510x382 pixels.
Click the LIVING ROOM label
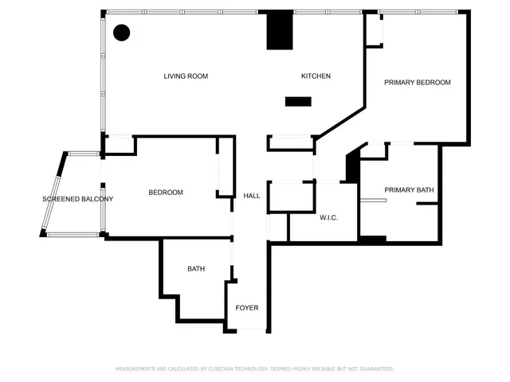(x=186, y=76)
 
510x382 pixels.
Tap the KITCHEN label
(x=316, y=76)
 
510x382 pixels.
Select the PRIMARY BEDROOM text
(x=418, y=82)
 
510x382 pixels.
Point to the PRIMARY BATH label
(x=409, y=189)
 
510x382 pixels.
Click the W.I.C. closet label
(x=329, y=217)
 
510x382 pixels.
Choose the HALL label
(x=252, y=196)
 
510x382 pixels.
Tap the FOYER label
(x=246, y=308)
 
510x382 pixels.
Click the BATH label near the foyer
(x=196, y=269)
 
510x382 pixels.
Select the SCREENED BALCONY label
(x=77, y=199)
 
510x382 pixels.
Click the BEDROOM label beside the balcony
(x=166, y=193)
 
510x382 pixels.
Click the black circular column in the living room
(x=122, y=33)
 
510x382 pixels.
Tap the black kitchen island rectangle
(x=298, y=101)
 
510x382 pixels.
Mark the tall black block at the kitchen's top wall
(x=279, y=31)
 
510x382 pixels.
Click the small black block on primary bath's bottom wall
(x=373, y=239)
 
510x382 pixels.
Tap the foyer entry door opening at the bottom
(x=247, y=329)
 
